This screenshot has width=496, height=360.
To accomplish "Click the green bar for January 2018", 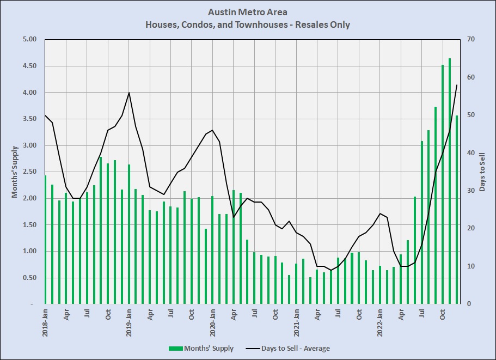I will click(45, 240).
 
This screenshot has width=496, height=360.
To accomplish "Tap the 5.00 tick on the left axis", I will click(28, 39).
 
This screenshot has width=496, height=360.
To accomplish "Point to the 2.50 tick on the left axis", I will click(28, 172).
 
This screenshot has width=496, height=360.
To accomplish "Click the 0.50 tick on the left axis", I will click(28, 278).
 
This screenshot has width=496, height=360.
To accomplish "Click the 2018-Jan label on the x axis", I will click(45, 322).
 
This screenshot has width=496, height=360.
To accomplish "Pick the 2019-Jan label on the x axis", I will click(129, 322).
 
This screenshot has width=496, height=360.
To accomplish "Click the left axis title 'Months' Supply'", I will click(15, 172).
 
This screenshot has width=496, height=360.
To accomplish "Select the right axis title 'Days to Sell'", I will click(482, 172).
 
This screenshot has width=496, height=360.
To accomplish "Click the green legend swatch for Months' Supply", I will click(176, 349).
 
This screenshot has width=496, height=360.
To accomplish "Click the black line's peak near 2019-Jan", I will click(129, 93).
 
